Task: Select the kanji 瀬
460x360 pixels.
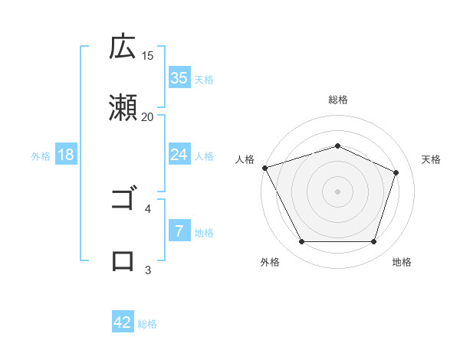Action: click(x=123, y=107)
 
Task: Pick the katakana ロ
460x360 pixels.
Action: click(x=123, y=260)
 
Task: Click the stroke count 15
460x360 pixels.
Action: click(x=148, y=55)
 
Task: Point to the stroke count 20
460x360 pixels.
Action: click(x=148, y=116)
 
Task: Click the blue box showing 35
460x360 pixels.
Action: click(x=179, y=78)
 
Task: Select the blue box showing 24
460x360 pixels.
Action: click(x=179, y=155)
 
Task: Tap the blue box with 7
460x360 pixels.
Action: click(x=179, y=231)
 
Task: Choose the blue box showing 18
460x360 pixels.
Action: click(x=66, y=155)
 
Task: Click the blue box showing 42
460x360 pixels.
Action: click(x=123, y=322)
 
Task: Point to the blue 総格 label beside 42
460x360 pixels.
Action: click(x=147, y=324)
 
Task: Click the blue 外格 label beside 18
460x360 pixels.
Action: click(x=41, y=156)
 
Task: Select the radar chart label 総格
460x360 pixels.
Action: click(x=337, y=100)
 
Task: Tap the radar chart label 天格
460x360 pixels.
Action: click(x=431, y=159)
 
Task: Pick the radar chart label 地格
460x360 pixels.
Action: click(x=402, y=262)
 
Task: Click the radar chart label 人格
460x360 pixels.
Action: click(x=245, y=159)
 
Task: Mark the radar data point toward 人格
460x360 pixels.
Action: click(x=265, y=168)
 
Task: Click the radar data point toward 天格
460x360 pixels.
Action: click(x=396, y=172)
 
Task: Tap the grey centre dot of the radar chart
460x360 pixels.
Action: click(x=337, y=191)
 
